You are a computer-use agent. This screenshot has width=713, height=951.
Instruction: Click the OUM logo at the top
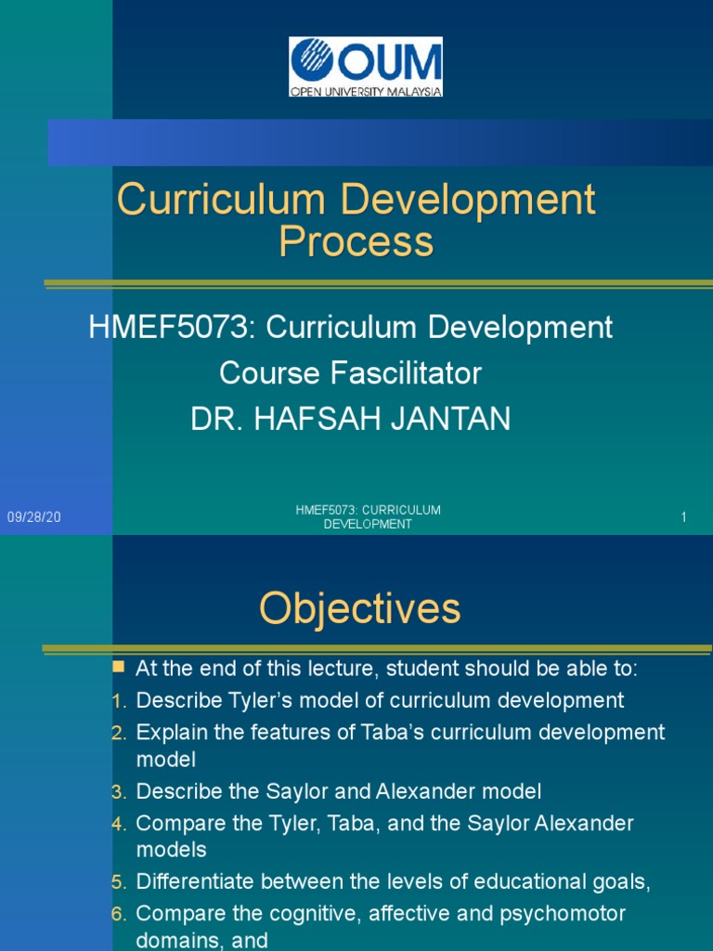click(x=366, y=67)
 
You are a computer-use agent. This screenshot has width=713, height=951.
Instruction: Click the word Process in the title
click(x=356, y=241)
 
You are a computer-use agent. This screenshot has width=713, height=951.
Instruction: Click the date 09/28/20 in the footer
click(x=34, y=517)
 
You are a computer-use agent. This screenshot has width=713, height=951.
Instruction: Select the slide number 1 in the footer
click(x=683, y=517)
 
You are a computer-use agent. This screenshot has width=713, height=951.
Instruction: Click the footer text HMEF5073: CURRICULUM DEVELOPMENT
click(x=368, y=517)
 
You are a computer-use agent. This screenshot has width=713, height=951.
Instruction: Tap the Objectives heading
click(x=359, y=609)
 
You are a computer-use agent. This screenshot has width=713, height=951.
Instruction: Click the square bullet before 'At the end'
click(x=118, y=667)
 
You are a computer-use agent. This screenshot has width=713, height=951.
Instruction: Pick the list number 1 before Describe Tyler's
click(x=117, y=701)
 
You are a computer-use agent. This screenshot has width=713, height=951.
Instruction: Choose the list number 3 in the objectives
click(x=117, y=792)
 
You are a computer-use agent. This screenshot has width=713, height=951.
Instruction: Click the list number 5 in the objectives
click(x=117, y=883)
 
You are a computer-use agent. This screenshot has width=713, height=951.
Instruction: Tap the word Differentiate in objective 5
click(x=194, y=883)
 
